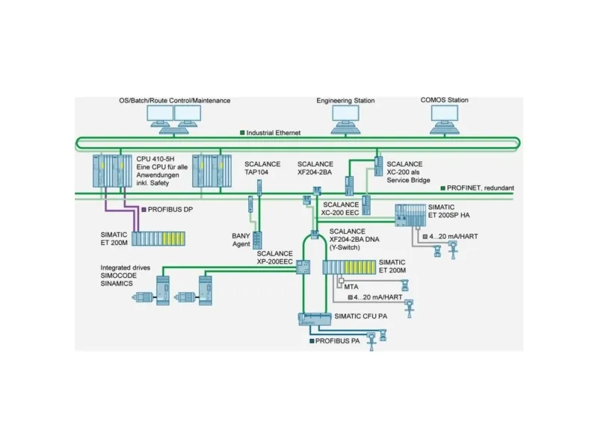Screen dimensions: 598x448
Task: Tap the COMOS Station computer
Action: click(445, 119)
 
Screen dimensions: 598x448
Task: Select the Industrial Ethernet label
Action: click(274, 133)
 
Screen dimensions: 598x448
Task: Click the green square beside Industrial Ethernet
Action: click(242, 133)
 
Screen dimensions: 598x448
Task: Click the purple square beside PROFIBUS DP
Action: click(144, 210)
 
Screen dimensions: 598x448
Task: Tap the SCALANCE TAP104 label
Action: click(262, 168)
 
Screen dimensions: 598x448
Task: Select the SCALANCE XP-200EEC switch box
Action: click(303, 267)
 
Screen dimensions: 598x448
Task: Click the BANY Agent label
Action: click(241, 240)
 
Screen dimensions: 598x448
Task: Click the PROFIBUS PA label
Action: click(338, 341)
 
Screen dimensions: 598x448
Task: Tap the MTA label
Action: click(351, 287)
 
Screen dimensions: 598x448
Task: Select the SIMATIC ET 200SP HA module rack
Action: click(410, 215)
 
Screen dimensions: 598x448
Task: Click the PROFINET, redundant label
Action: click(480, 188)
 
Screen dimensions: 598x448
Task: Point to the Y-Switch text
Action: click(345, 248)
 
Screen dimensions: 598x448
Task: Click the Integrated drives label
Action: click(126, 268)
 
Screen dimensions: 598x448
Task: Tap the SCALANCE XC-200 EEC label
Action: click(341, 209)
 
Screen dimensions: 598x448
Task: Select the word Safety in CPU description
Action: click(159, 183)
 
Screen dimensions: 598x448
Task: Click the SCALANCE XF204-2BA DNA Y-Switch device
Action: click(315, 234)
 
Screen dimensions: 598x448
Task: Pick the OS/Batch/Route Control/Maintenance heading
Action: click(175, 101)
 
